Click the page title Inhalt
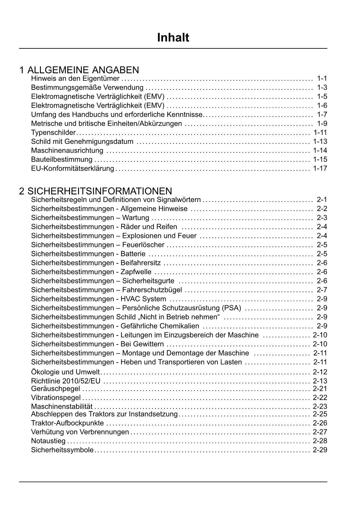(173, 38)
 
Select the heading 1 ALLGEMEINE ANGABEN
(79, 70)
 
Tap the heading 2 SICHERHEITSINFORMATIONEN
(96, 191)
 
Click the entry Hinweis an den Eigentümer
(75, 79)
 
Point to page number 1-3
(322, 88)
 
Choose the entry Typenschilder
(53, 133)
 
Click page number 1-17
(320, 168)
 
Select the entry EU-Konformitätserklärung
(73, 169)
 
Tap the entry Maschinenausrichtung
(67, 151)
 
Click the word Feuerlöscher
(143, 245)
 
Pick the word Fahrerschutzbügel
(152, 290)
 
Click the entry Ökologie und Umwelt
(65, 372)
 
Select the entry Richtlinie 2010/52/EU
(66, 381)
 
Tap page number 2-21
(320, 389)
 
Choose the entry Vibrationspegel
(56, 398)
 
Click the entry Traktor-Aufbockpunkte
(67, 423)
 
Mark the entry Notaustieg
(48, 441)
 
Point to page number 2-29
(320, 450)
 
